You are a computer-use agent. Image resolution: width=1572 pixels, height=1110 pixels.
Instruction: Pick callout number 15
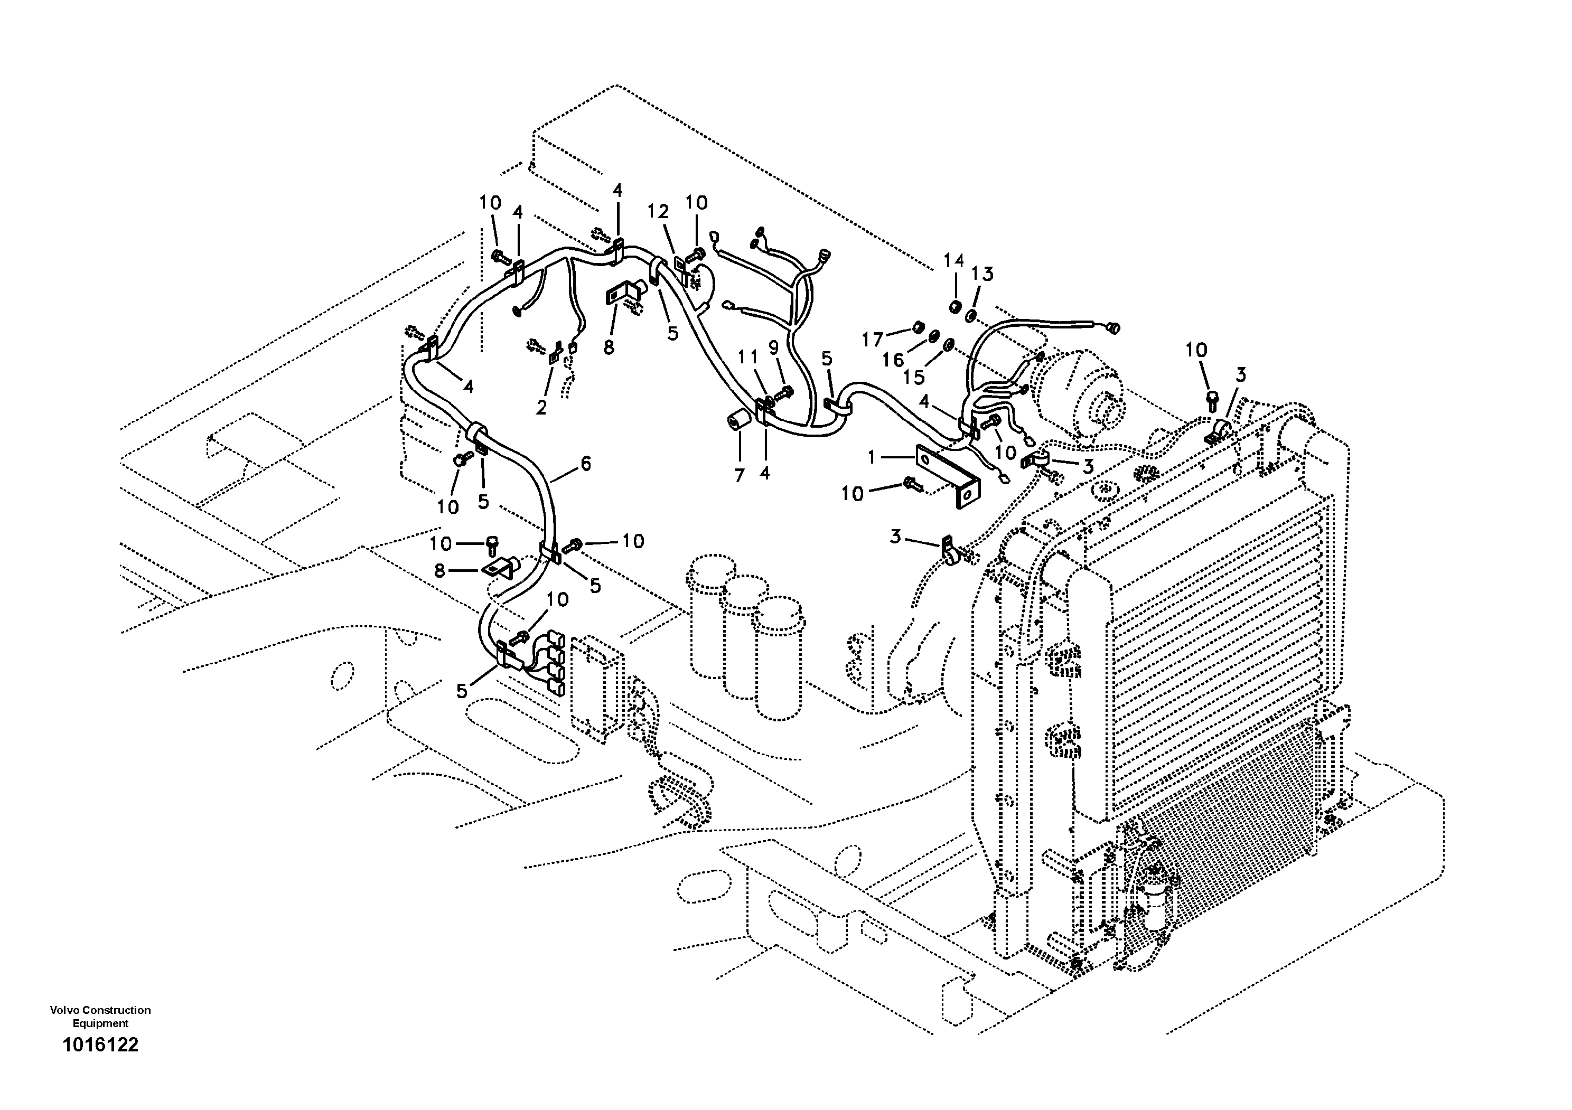point(913,377)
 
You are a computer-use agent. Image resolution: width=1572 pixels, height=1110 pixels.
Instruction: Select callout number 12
point(658,212)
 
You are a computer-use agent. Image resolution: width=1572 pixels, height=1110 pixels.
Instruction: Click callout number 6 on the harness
point(585,464)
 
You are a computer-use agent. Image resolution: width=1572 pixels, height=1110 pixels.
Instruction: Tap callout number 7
point(739,475)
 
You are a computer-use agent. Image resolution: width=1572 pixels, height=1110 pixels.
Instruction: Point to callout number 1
point(872,457)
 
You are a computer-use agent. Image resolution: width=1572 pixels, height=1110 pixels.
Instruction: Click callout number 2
point(541,408)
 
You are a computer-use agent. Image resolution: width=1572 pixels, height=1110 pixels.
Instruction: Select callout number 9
point(774,349)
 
